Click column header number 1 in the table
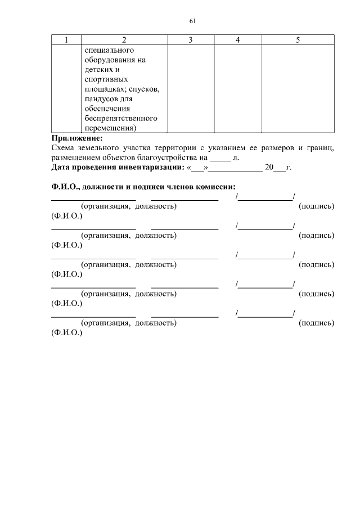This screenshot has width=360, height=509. (x=66, y=39)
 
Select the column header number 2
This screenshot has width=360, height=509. (x=124, y=39)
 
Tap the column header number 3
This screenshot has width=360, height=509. (x=191, y=39)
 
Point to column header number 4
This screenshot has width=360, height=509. (x=238, y=39)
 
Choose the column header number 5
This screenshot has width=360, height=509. (x=298, y=39)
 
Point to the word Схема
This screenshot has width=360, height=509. (x=64, y=148)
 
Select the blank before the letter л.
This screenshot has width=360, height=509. (x=220, y=158)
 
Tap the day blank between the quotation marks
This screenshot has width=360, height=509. (x=197, y=168)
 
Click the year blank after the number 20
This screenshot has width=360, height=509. (x=280, y=168)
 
